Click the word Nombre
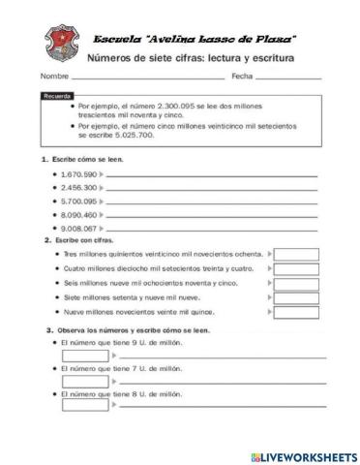(55, 75)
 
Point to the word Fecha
(242, 75)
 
